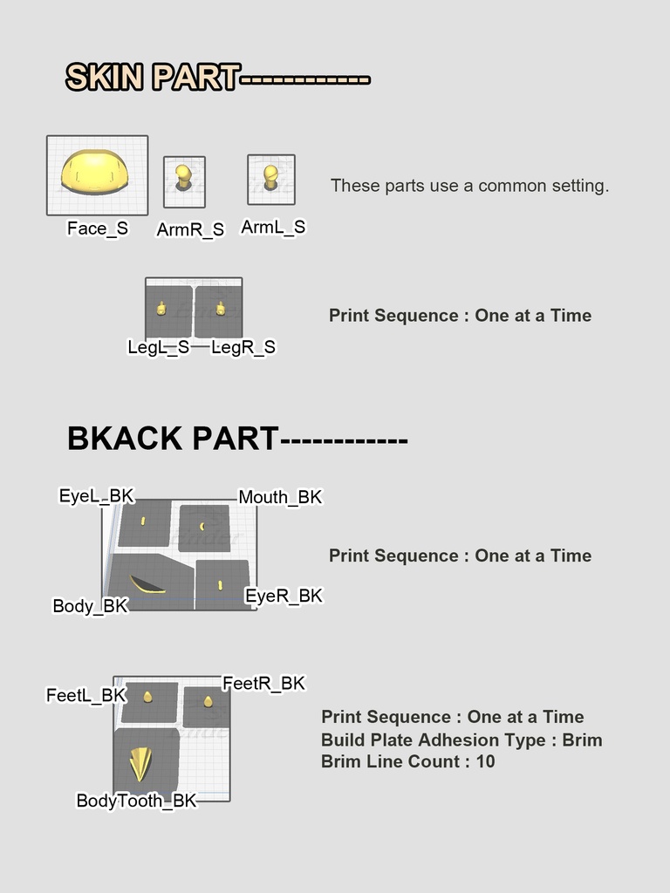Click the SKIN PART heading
click(x=153, y=78)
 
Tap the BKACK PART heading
click(x=173, y=439)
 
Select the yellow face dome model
click(x=95, y=173)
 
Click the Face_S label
click(x=98, y=228)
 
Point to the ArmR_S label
click(x=190, y=229)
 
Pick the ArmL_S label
click(x=273, y=228)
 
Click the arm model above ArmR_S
click(x=183, y=178)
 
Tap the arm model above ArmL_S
click(x=270, y=177)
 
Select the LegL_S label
click(x=159, y=347)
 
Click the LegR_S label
click(x=243, y=347)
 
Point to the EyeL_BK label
click(x=97, y=496)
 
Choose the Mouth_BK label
click(x=280, y=497)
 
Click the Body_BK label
click(x=91, y=606)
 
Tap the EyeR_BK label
click(x=284, y=596)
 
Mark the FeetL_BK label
click(x=86, y=695)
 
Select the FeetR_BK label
click(x=263, y=684)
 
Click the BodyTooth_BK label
click(x=137, y=801)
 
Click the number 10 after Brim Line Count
click(x=485, y=761)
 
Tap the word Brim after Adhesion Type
click(x=582, y=740)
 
